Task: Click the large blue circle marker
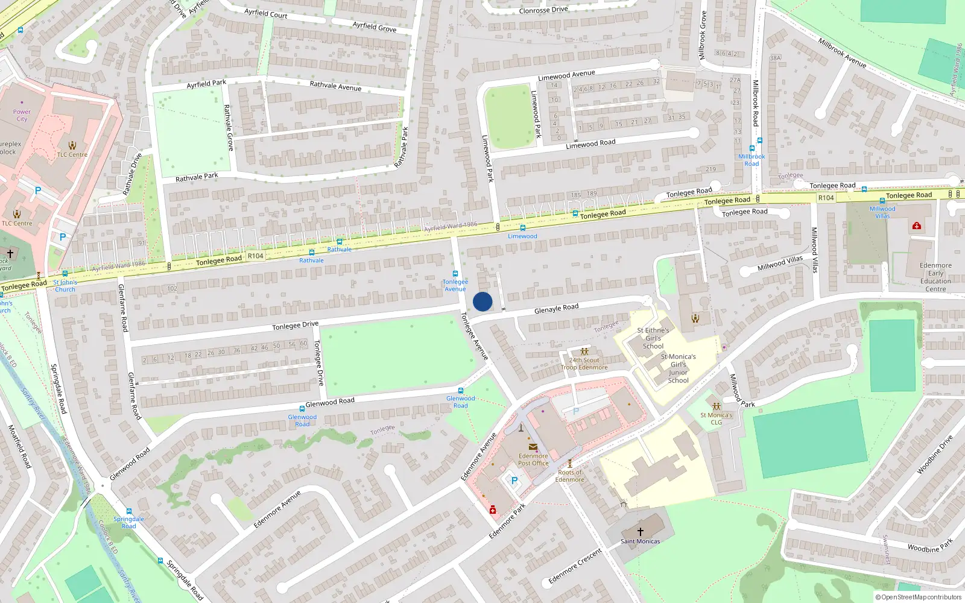click(482, 301)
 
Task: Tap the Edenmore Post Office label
click(533, 459)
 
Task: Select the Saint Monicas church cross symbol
click(641, 531)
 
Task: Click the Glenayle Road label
click(556, 309)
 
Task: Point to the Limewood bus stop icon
click(522, 228)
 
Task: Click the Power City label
click(22, 115)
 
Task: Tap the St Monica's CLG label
click(716, 418)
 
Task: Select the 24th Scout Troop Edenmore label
click(584, 364)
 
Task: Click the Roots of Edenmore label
click(570, 476)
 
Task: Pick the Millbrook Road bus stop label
click(751, 160)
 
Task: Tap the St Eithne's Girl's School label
click(653, 338)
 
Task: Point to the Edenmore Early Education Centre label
click(935, 277)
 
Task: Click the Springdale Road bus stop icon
click(129, 511)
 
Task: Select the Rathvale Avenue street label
click(335, 86)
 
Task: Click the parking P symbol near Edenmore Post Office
click(514, 481)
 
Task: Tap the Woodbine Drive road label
click(934, 453)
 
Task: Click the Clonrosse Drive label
click(543, 10)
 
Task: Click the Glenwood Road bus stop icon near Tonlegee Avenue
click(461, 391)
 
